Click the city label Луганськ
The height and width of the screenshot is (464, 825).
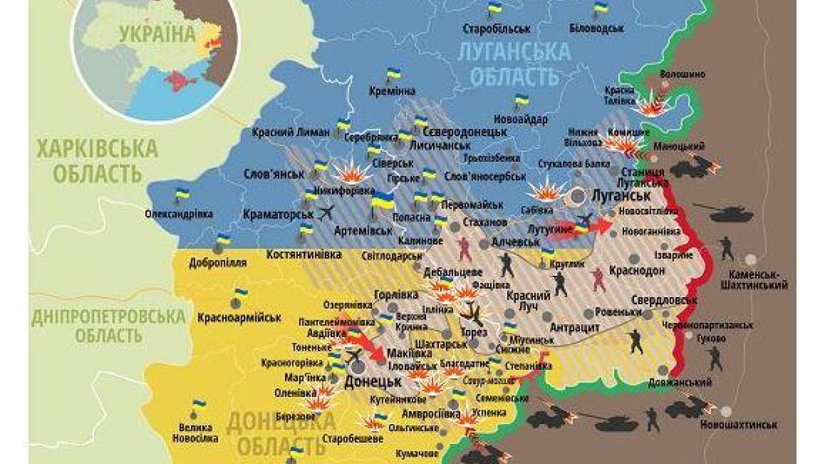point(620,195)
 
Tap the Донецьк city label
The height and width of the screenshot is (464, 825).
point(374,381)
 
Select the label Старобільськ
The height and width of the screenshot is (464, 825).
point(496,28)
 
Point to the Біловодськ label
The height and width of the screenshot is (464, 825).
point(597,28)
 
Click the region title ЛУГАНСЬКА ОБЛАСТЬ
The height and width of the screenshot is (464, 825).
point(514,64)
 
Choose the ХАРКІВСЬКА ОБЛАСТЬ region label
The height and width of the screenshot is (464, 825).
point(97,161)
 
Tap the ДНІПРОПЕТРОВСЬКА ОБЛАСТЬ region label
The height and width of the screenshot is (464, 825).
point(108,326)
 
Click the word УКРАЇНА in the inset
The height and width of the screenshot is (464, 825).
point(157,34)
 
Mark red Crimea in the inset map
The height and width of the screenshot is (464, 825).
point(176,81)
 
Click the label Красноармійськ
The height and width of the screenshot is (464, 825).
point(239,318)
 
